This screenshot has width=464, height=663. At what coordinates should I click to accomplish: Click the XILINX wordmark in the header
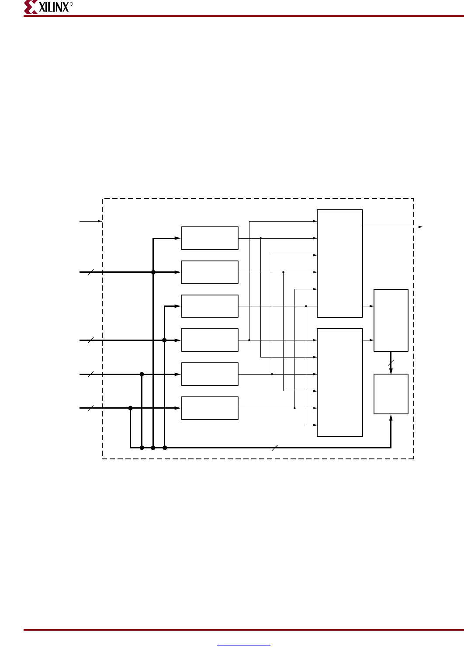click(x=54, y=7)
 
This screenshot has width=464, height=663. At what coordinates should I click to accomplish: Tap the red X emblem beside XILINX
click(x=31, y=7)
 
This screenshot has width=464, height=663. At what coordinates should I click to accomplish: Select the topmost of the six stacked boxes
click(x=210, y=238)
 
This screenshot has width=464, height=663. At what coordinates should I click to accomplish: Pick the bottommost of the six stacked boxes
click(x=210, y=408)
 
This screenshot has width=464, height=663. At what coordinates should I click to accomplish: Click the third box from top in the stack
click(x=210, y=306)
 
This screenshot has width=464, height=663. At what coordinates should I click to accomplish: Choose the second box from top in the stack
click(x=210, y=272)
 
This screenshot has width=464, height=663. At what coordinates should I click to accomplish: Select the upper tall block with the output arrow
click(x=340, y=264)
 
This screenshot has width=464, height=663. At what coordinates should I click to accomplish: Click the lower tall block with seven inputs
click(x=340, y=382)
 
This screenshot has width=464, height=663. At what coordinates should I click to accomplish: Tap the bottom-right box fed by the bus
click(x=391, y=394)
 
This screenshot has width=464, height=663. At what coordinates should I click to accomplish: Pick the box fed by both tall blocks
click(x=391, y=320)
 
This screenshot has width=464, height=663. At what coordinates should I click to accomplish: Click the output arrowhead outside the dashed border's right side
click(x=420, y=227)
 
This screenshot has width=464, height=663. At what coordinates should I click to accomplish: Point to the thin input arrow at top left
click(x=90, y=221)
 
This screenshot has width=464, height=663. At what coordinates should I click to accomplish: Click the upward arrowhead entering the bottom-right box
click(x=391, y=418)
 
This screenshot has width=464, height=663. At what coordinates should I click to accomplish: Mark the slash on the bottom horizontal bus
click(x=275, y=448)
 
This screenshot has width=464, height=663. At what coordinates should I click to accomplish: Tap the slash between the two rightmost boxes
click(x=391, y=363)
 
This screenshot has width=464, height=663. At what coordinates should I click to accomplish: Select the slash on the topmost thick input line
click(x=91, y=272)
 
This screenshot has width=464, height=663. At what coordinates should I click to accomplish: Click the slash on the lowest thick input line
click(x=91, y=408)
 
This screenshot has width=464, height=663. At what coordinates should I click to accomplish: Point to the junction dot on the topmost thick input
click(x=153, y=272)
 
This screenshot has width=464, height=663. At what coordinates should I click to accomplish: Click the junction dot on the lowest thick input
click(x=130, y=408)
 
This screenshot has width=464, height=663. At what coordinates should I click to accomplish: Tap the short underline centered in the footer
click(x=244, y=646)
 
